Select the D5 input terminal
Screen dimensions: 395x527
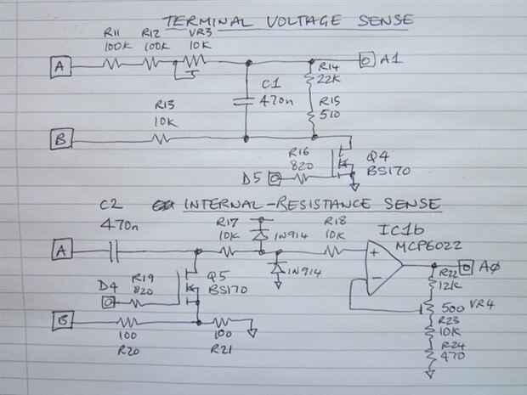coord(275,179)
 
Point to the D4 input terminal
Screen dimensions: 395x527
coord(106,302)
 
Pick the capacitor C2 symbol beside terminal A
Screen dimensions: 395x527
coord(112,251)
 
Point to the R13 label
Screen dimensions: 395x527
coord(164,104)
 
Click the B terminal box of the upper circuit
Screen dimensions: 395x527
coord(59,139)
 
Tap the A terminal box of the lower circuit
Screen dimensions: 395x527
coord(59,251)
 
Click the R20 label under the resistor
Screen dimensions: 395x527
coord(129,349)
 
